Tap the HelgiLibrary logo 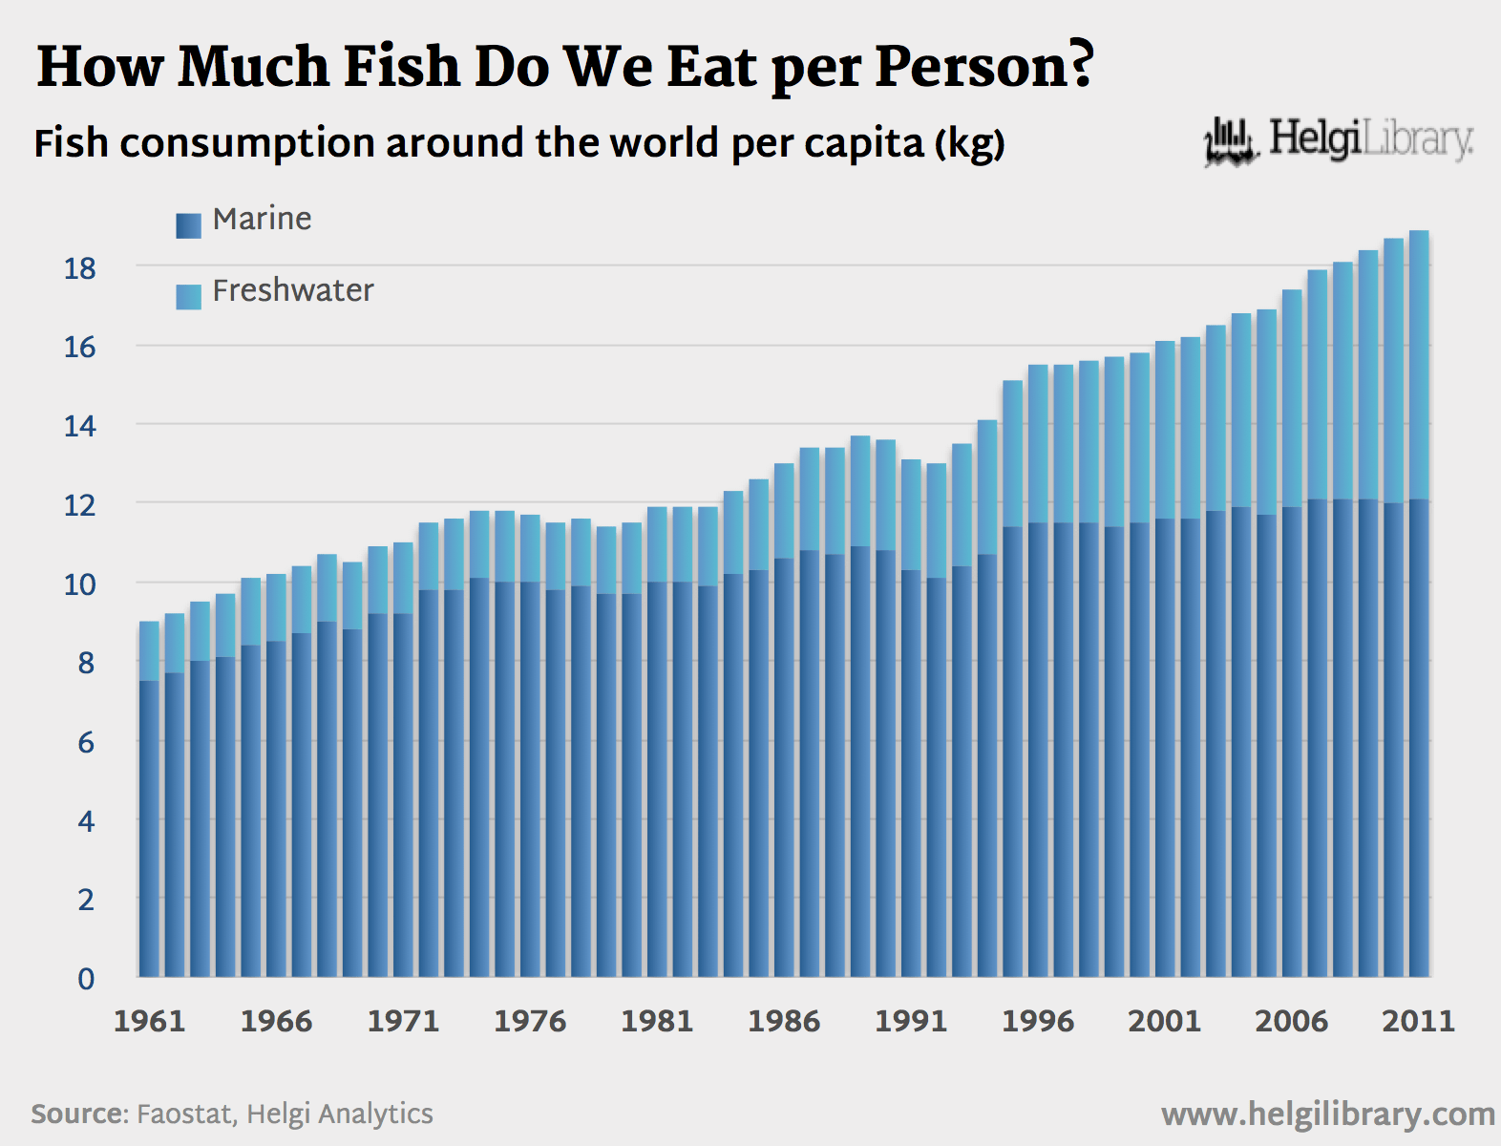[x=1338, y=141]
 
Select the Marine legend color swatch [x=188, y=225]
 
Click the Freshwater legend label [x=292, y=290]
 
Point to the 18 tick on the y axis [x=80, y=268]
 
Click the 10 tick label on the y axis [x=80, y=584]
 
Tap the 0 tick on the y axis [x=86, y=978]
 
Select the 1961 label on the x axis [x=149, y=1021]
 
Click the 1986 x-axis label [x=783, y=1021]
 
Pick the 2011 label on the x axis [x=1418, y=1021]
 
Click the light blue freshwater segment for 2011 [x=1419, y=363]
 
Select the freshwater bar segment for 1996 [x=1038, y=444]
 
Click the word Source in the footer [x=78, y=1114]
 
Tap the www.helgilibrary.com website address [x=1327, y=1114]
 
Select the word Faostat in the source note [x=185, y=1114]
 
